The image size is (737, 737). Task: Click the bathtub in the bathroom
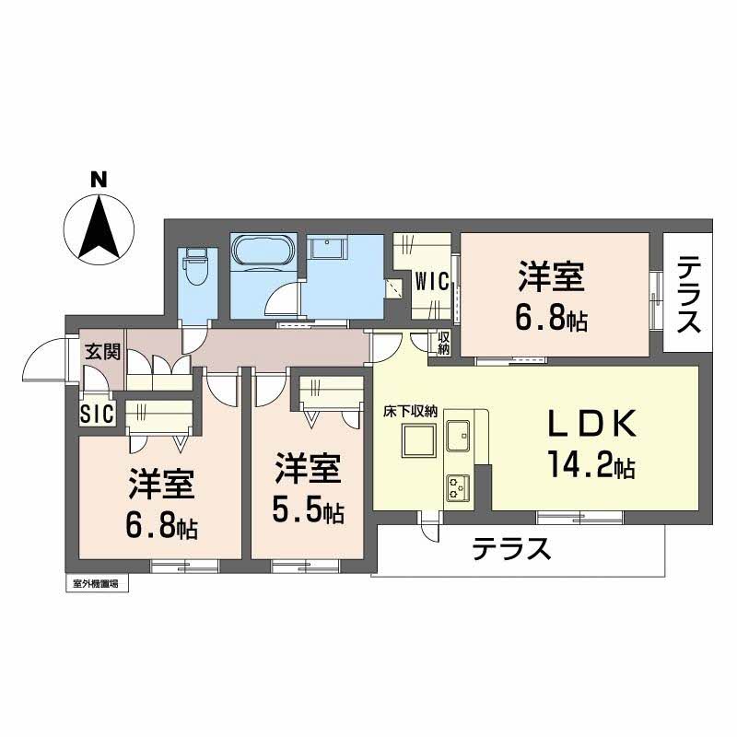263,252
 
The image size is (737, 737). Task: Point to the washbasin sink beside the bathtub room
327,250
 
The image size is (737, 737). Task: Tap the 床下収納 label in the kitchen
410,414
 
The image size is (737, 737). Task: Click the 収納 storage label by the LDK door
443,342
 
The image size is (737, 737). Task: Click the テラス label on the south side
511,550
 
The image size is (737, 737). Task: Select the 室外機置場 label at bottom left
95,583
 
